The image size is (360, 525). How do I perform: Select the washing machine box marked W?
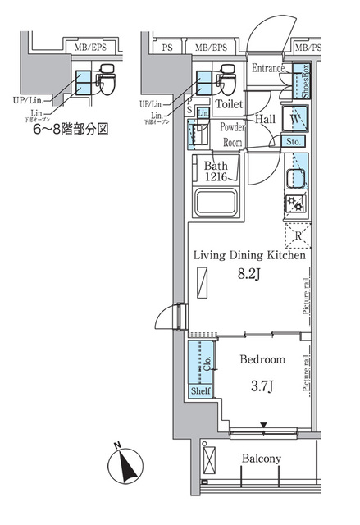[x=294, y=120]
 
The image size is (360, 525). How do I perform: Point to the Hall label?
[x=265, y=118]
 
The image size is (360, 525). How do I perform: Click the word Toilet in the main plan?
[x=230, y=104]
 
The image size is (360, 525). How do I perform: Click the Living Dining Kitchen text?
[x=249, y=256]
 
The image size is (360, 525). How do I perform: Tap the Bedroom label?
[x=262, y=359]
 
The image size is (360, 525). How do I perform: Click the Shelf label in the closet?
[x=200, y=391]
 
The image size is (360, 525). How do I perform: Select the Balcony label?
[x=262, y=459]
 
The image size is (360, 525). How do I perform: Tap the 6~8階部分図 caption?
[x=69, y=129]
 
